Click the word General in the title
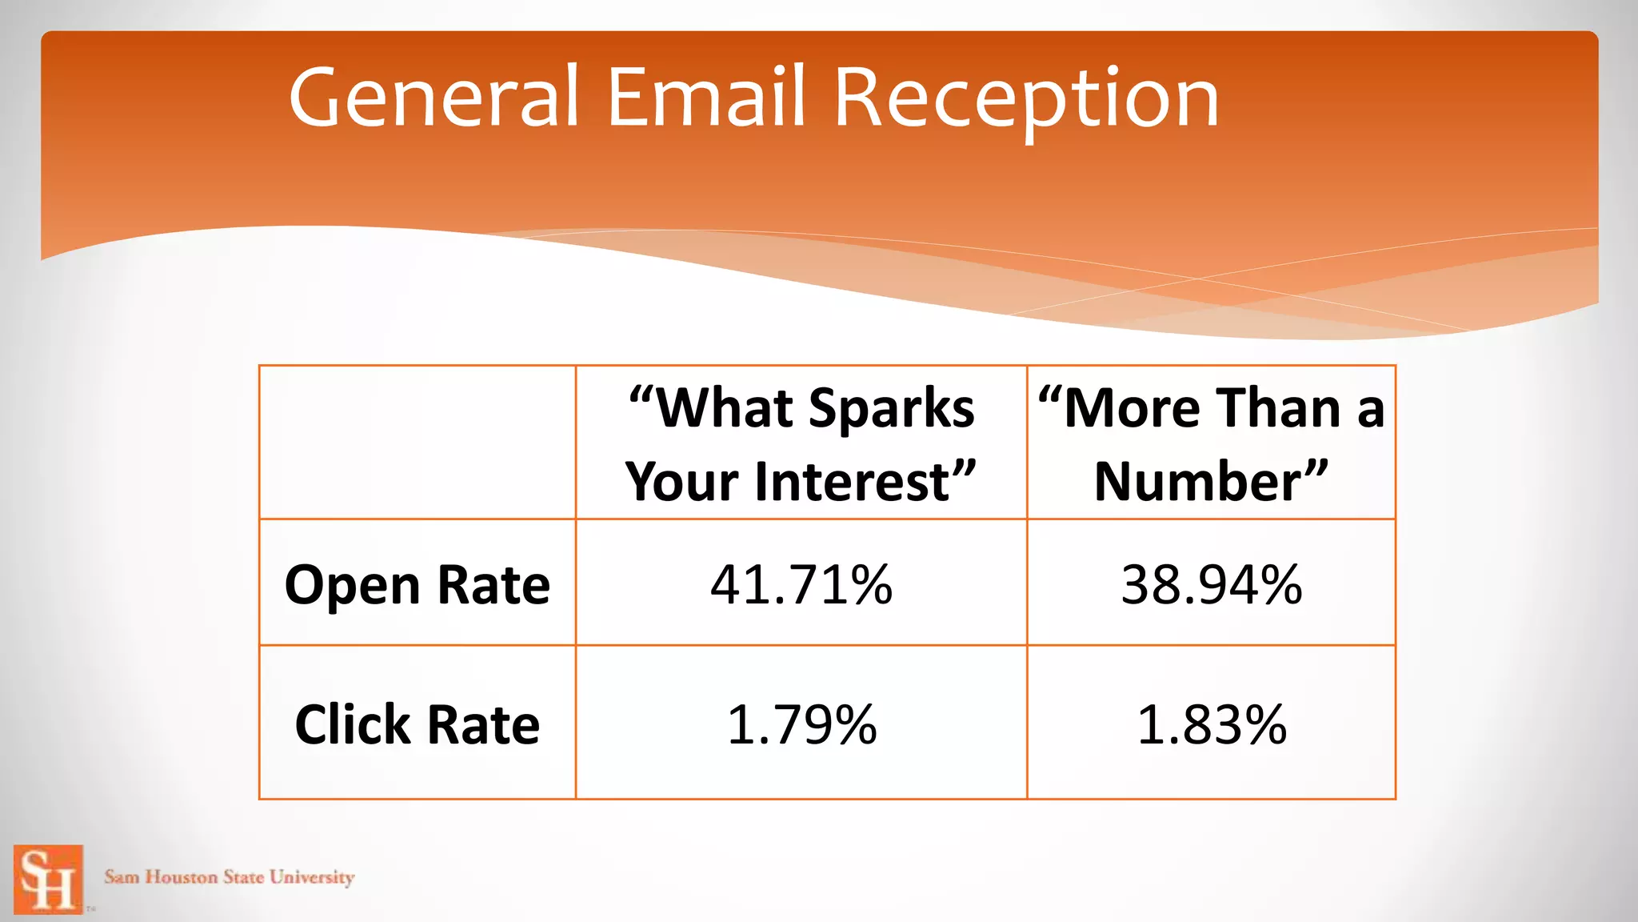pyautogui.click(x=433, y=98)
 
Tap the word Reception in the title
pyautogui.click(x=1026, y=99)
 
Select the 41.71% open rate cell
pyautogui.click(x=801, y=584)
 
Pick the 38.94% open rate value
pyautogui.click(x=1211, y=584)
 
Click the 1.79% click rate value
pyautogui.click(x=801, y=724)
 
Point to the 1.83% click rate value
pyautogui.click(x=1211, y=724)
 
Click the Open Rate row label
pyautogui.click(x=417, y=584)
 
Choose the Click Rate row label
pyautogui.click(x=417, y=724)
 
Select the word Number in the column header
pyautogui.click(x=1198, y=482)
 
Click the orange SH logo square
pyautogui.click(x=48, y=879)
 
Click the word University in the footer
pyautogui.click(x=311, y=877)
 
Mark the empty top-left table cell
pyautogui.click(x=417, y=443)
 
